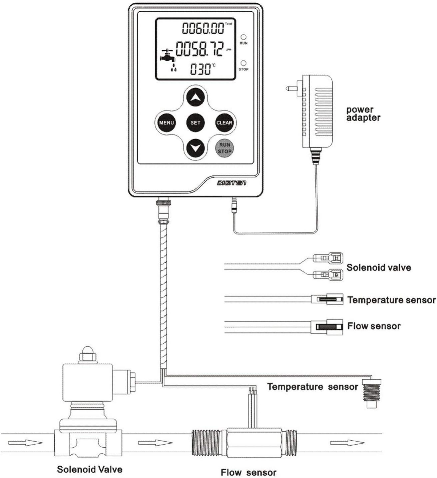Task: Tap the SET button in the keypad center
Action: pos(196,123)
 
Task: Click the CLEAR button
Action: pos(224,123)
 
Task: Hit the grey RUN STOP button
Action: pos(224,148)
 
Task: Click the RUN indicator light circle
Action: pos(243,37)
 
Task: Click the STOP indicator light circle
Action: pos(243,63)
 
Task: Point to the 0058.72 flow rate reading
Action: pos(199,49)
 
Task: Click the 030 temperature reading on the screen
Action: pos(201,69)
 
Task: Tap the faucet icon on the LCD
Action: pos(168,57)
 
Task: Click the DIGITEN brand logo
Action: pos(232,183)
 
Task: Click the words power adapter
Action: pos(363,114)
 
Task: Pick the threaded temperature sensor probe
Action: pos(371,393)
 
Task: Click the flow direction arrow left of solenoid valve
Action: pos(25,443)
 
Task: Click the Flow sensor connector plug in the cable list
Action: pos(329,326)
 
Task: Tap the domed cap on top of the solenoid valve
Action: pos(88,352)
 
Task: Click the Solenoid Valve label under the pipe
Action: pos(90,469)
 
